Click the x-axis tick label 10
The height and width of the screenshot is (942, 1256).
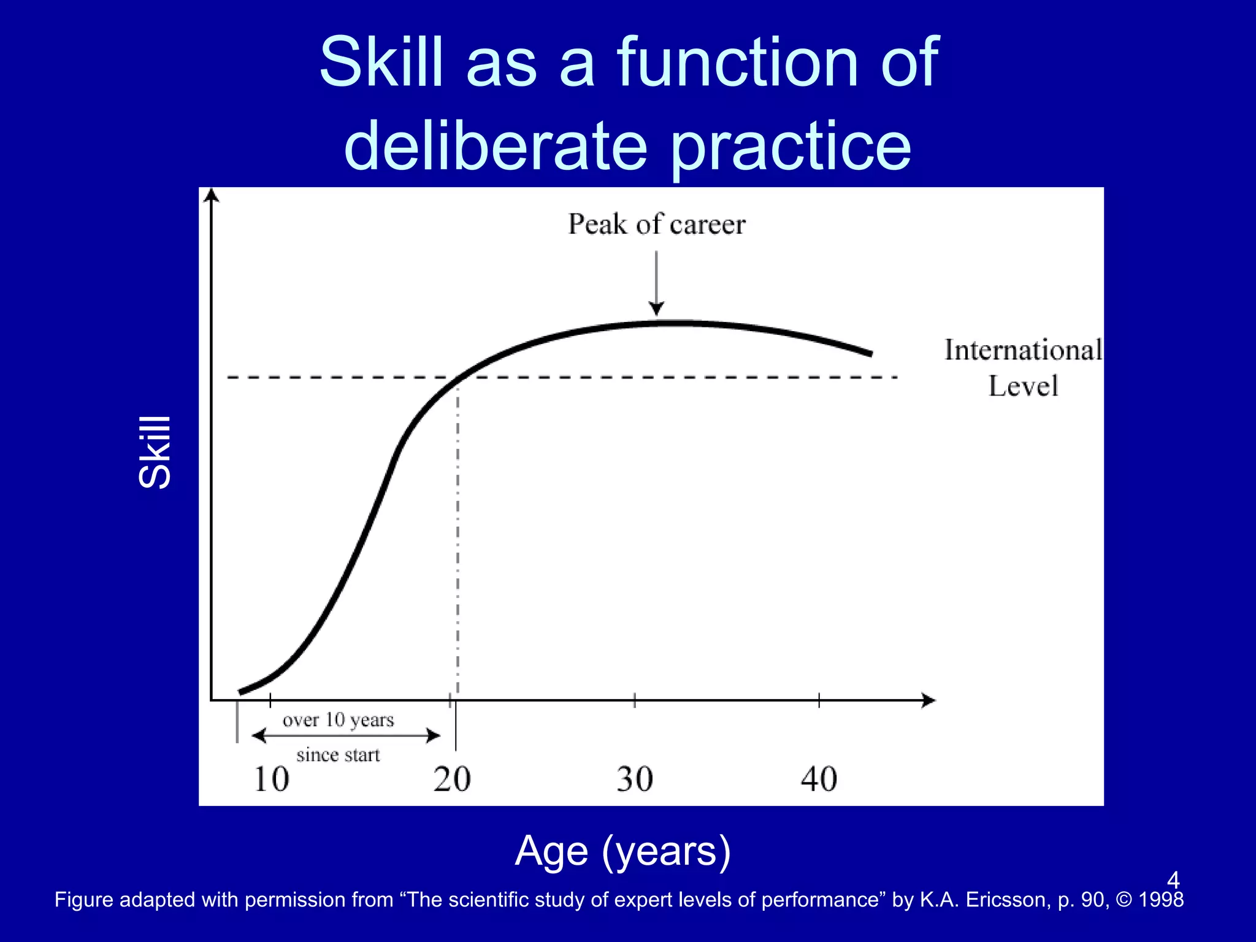(271, 779)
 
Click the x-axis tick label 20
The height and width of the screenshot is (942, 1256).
(452, 779)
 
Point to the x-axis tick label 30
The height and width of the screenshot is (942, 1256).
(635, 779)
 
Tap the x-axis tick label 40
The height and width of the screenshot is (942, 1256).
(819, 779)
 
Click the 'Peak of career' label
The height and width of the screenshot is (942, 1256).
(656, 224)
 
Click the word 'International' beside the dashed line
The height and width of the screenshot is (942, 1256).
(1022, 350)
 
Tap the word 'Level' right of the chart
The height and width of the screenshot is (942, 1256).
(1023, 386)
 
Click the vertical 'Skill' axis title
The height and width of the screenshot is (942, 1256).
(155, 452)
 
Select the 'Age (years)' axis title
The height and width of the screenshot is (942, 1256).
(622, 851)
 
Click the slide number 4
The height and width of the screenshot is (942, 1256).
(1173, 880)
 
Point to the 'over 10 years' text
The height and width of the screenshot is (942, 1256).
(338, 719)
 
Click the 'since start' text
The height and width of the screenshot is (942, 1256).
(338, 755)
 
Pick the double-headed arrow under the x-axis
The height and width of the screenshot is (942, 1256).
(346, 735)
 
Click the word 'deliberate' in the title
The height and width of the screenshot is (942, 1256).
(496, 146)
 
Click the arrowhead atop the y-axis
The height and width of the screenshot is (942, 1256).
(212, 194)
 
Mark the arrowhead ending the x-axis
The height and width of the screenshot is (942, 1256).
(929, 700)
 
